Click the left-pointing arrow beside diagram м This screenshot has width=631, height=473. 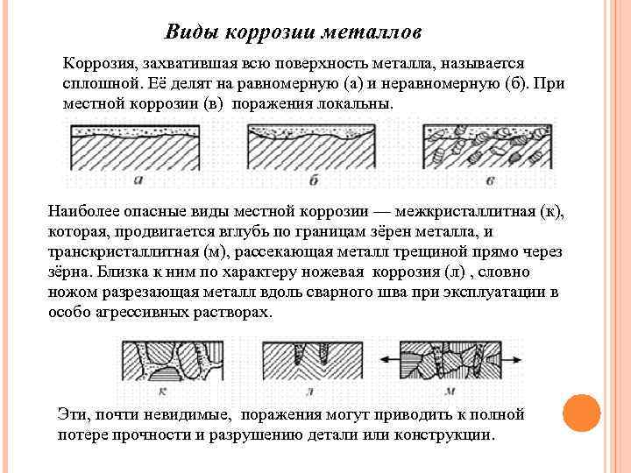tap(387, 358)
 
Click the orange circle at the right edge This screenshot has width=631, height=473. tap(579, 413)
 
